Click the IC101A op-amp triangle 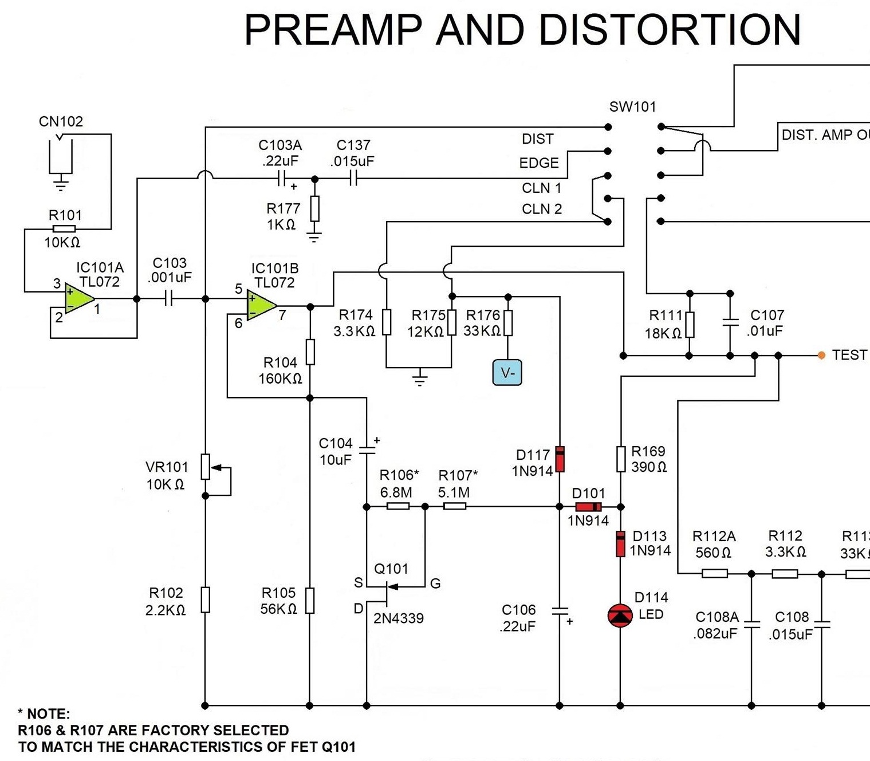[x=79, y=299]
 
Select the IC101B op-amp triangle [x=261, y=305]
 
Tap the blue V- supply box [x=507, y=373]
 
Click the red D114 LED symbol [x=620, y=616]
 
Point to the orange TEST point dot [x=821, y=356]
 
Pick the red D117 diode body [x=560, y=459]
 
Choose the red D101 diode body [x=588, y=507]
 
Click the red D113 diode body [x=620, y=543]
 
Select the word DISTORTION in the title [x=670, y=30]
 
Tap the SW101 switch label [x=632, y=107]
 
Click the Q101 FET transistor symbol [x=388, y=593]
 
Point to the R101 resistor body [x=64, y=229]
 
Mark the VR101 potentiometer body [x=206, y=467]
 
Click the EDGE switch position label [x=538, y=163]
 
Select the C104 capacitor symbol [x=367, y=449]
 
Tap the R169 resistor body [x=621, y=459]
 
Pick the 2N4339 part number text [x=399, y=618]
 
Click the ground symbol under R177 [x=314, y=237]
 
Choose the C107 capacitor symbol [x=730, y=322]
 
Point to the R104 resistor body [x=310, y=352]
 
